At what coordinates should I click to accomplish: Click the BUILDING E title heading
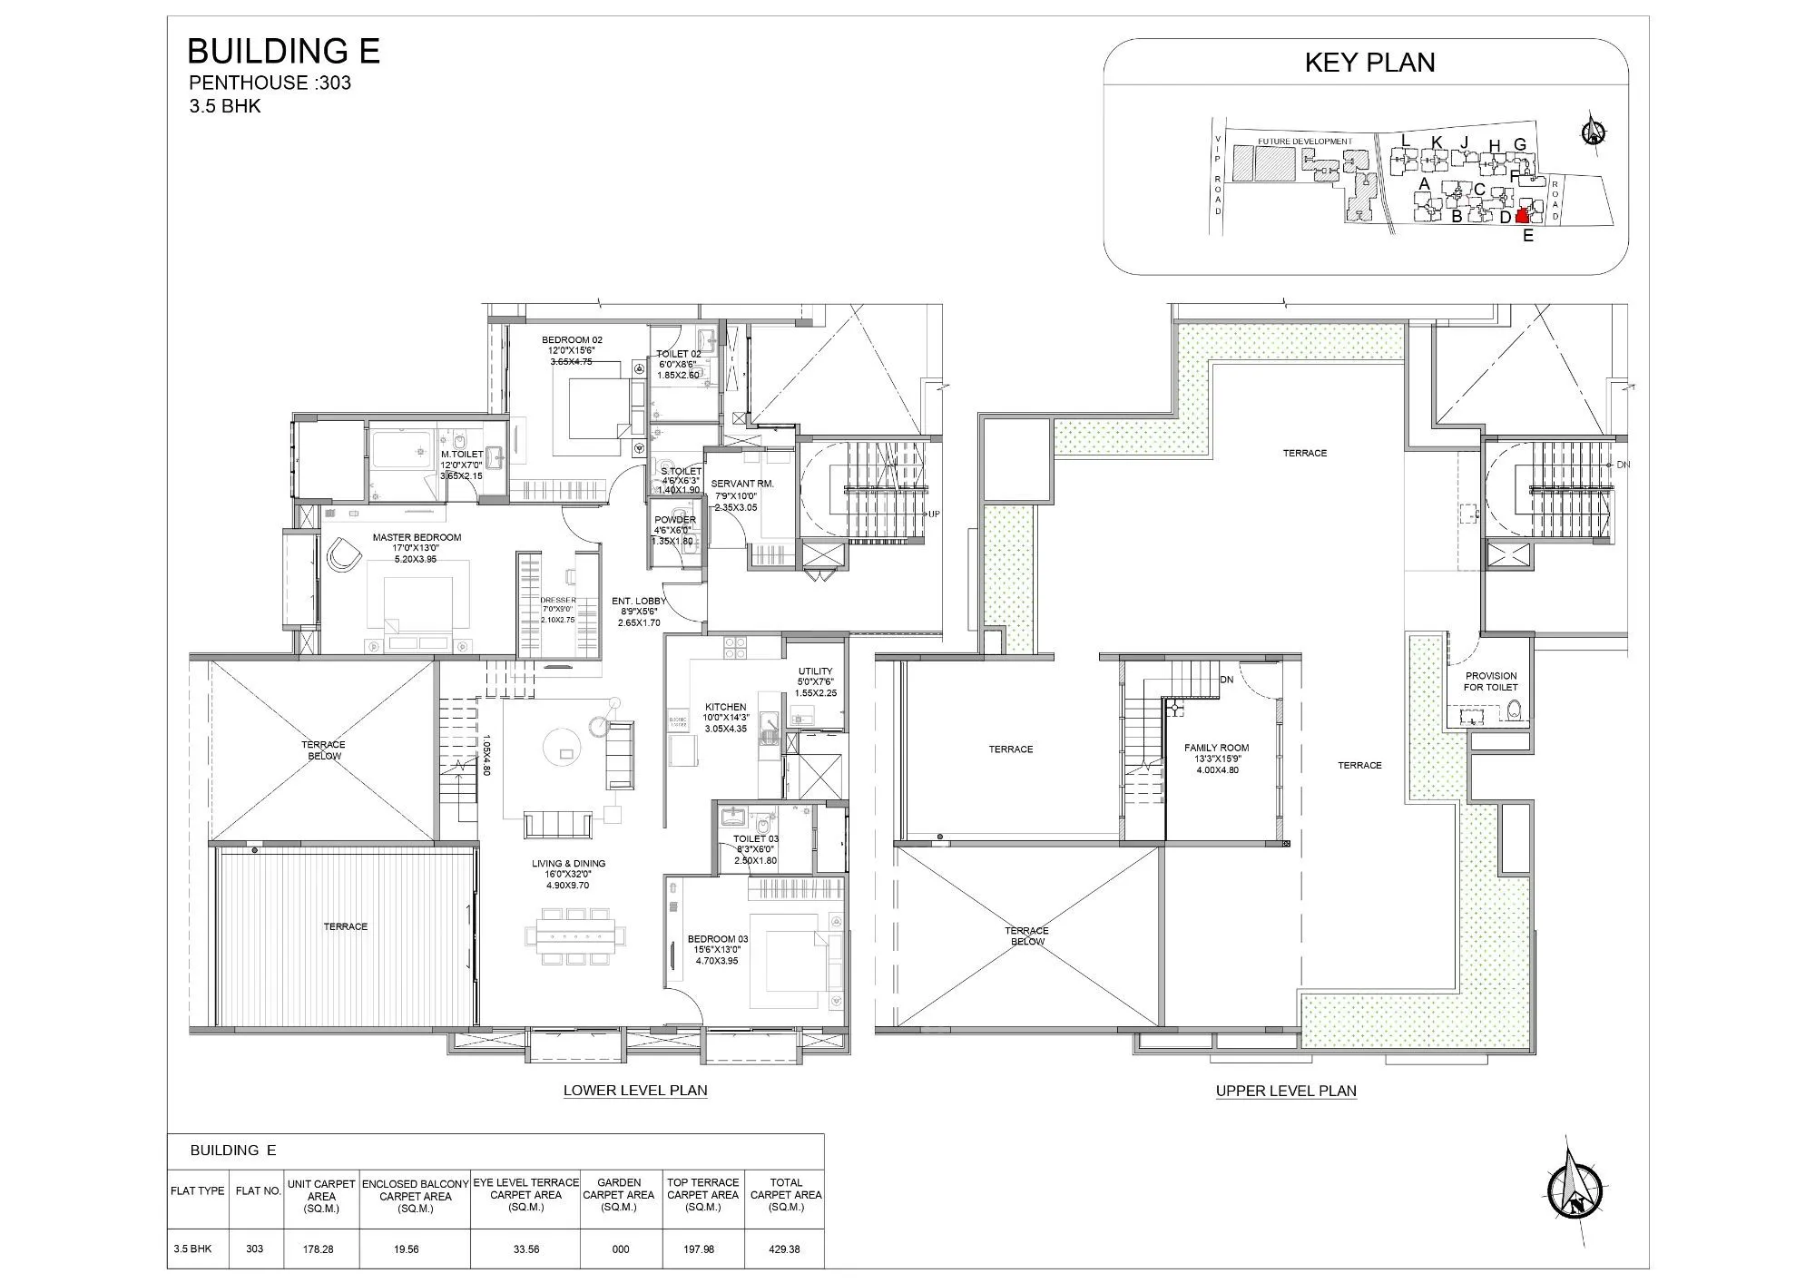282,51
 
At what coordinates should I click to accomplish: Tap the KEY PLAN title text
1369,63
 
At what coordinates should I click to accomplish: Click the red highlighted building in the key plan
1522,215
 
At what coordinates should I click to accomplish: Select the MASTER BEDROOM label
417,537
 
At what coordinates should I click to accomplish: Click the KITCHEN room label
725,707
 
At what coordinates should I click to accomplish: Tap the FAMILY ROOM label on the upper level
1216,748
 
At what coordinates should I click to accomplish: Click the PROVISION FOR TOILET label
1490,681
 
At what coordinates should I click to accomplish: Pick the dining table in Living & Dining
569,932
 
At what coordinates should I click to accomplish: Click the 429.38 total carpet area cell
785,1249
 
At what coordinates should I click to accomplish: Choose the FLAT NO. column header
258,1190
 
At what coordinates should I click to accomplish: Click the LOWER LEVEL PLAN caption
635,1091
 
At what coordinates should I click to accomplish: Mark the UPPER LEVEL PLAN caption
1286,1091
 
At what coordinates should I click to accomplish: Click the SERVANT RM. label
741,484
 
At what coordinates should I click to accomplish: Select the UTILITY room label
815,671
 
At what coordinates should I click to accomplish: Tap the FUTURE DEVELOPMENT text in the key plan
1304,142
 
